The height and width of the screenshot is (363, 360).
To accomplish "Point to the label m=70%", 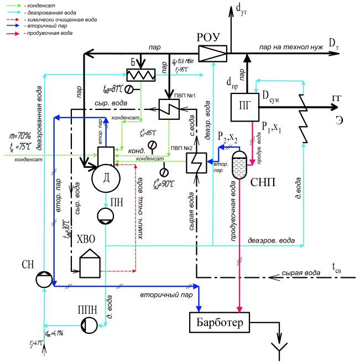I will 19,134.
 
